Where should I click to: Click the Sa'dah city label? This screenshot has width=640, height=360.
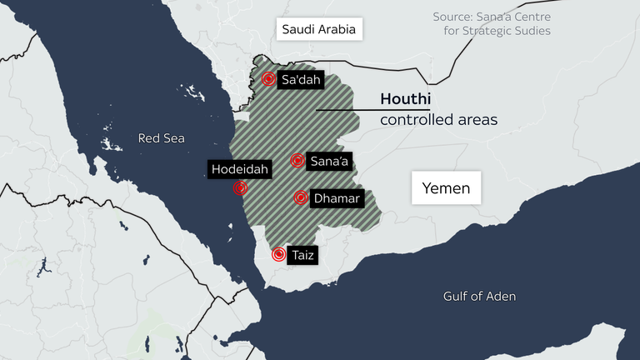click(301, 79)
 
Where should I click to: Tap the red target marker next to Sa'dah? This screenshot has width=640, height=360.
click(268, 79)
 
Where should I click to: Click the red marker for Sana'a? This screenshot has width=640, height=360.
click(297, 160)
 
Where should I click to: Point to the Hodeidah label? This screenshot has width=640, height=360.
click(240, 169)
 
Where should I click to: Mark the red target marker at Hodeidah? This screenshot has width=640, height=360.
click(241, 188)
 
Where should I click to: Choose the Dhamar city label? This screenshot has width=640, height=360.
click(336, 198)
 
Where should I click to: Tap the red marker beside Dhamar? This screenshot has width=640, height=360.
click(301, 197)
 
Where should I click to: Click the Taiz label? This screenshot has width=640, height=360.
click(301, 256)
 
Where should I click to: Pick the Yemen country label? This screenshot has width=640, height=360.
click(446, 188)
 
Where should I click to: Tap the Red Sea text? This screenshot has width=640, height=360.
click(162, 138)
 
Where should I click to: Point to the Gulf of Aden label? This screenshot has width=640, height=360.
click(479, 296)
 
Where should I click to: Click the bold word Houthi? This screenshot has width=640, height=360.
click(405, 99)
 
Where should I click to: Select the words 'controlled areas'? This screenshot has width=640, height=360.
click(438, 120)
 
